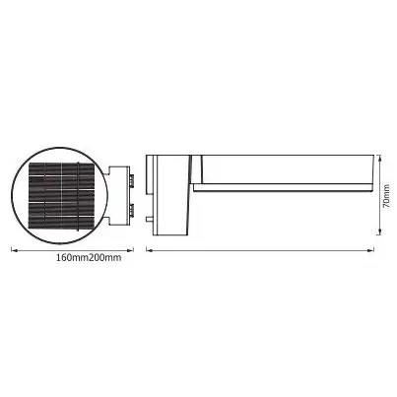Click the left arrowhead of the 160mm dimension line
click(14, 248)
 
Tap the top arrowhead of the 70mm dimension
click(379, 156)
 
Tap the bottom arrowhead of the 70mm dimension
click(379, 237)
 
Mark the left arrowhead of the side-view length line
click(149, 248)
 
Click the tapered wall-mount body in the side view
click(173, 197)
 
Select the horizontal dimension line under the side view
click(260, 248)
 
